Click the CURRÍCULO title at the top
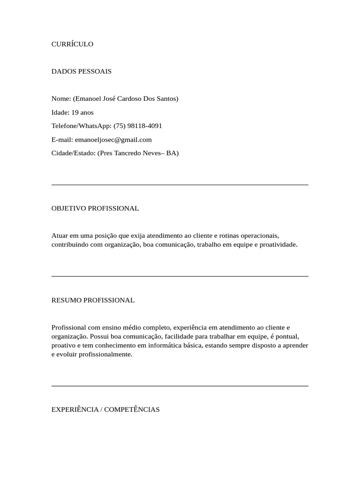[72, 44]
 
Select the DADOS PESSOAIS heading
[81, 71]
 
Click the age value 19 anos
[82, 112]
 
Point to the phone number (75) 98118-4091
[138, 126]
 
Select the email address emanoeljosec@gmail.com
[113, 140]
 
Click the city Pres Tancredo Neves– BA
[138, 153]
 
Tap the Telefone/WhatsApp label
[81, 126]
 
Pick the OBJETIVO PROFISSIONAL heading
[95, 208]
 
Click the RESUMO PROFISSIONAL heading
[93, 300]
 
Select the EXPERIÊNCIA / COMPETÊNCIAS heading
[105, 410]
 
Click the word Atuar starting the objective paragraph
[60, 235]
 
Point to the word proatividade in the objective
[277, 245]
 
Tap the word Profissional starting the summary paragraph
[68, 327]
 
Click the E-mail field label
[62, 140]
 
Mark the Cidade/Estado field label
[73, 153]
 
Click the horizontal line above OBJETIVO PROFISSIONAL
[180, 185]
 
